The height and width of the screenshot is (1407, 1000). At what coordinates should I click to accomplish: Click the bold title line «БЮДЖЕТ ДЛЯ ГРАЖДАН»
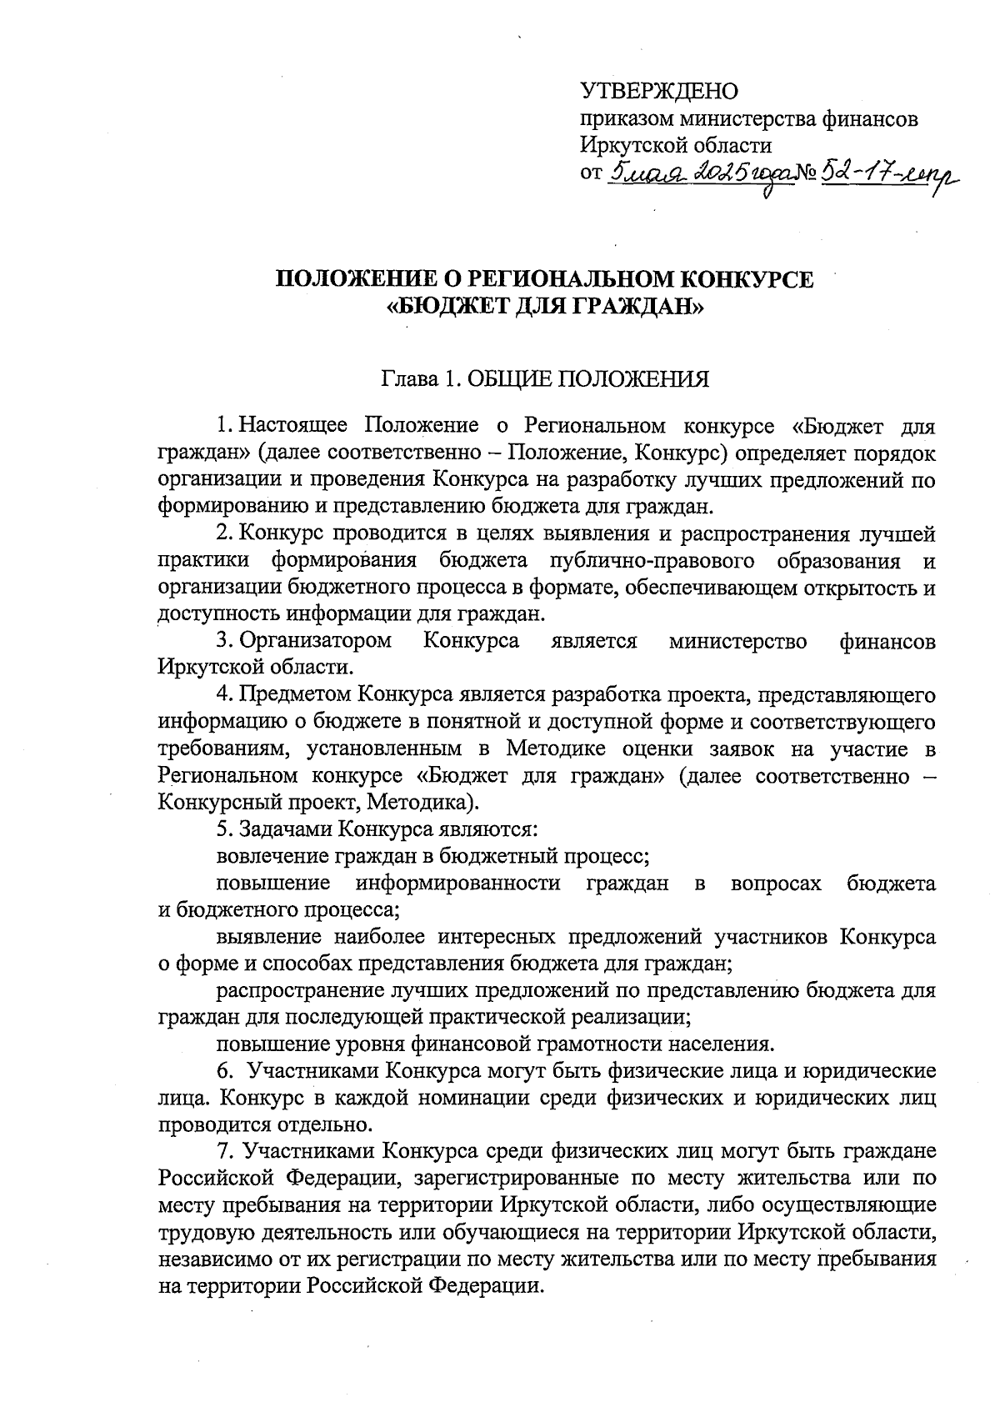pos(546,308)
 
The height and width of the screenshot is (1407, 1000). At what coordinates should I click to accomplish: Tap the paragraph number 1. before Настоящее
pos(225,425)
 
